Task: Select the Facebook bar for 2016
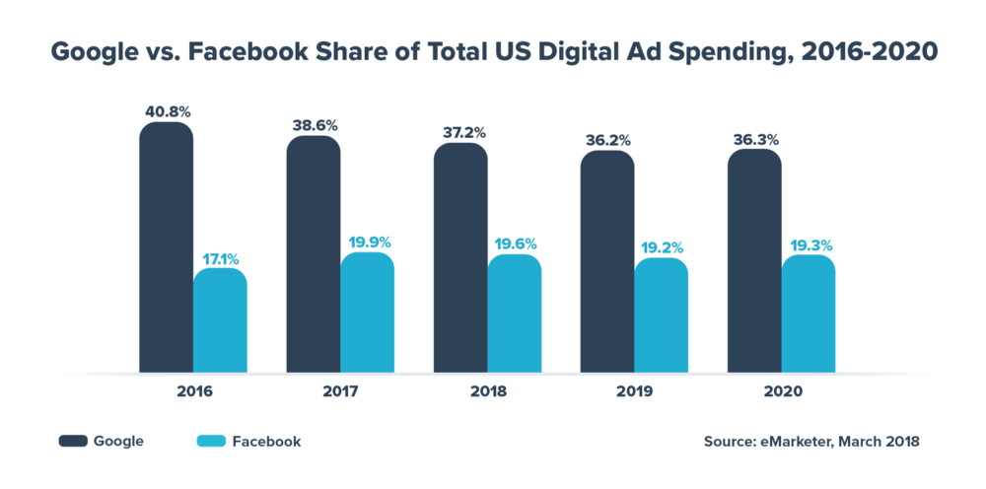pos(220,321)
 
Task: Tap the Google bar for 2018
pos(460,258)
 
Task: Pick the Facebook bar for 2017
pos(367,314)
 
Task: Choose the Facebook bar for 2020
pos(809,315)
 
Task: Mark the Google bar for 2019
pos(606,262)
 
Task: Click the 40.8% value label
pos(166,111)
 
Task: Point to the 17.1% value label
pos(220,259)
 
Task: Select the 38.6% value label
pos(314,126)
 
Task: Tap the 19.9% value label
pos(367,243)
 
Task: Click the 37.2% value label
pos(460,133)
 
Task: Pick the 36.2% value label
pos(606,140)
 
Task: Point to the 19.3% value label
pos(809,245)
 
